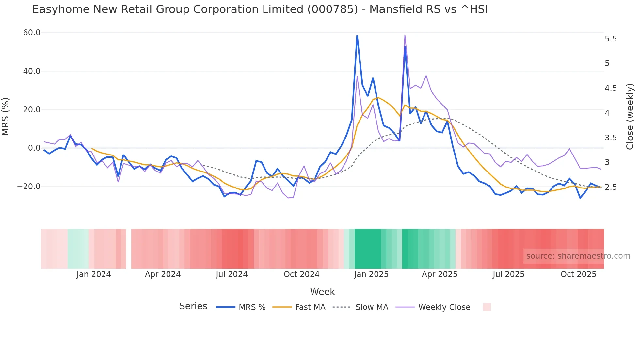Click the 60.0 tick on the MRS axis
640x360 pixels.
(32, 33)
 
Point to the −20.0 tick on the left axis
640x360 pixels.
(29, 187)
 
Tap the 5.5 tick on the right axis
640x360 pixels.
(611, 39)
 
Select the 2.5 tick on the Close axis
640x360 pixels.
(611, 187)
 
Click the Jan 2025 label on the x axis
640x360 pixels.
(371, 274)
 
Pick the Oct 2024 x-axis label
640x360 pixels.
(301, 274)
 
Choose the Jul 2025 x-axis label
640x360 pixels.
(508, 274)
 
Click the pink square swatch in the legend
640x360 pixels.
(487, 307)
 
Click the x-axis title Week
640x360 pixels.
(322, 292)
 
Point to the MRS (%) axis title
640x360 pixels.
(6, 116)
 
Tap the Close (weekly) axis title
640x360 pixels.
(630, 117)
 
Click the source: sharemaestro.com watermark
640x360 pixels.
(578, 256)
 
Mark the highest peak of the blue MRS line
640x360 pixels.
(357, 36)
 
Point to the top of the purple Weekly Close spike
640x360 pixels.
(405, 36)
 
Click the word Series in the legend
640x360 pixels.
(193, 306)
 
